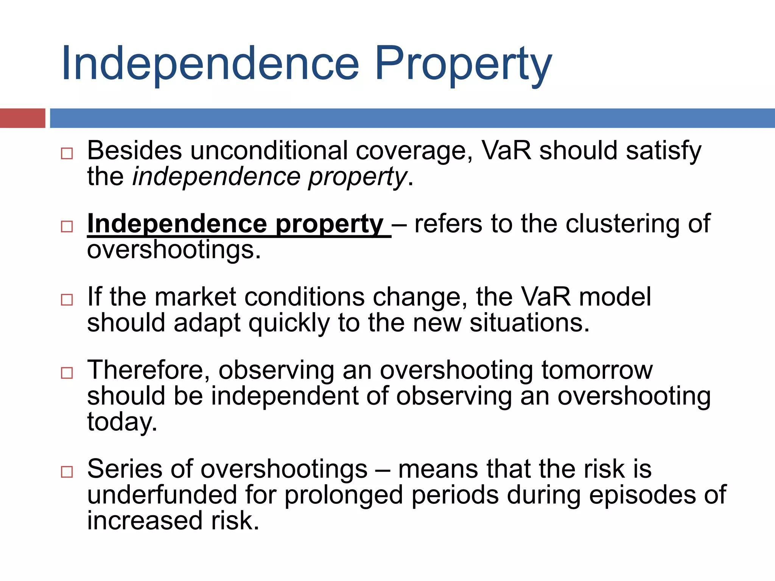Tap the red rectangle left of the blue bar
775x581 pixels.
click(22, 118)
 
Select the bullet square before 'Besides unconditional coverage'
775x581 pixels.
click(67, 153)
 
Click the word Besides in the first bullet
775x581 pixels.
click(134, 151)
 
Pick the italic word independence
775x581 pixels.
click(216, 177)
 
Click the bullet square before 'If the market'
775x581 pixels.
click(67, 300)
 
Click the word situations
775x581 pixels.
click(529, 323)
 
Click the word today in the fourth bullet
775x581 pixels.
click(122, 422)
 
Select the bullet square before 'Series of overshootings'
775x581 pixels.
click(67, 472)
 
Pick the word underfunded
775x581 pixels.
click(162, 495)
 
